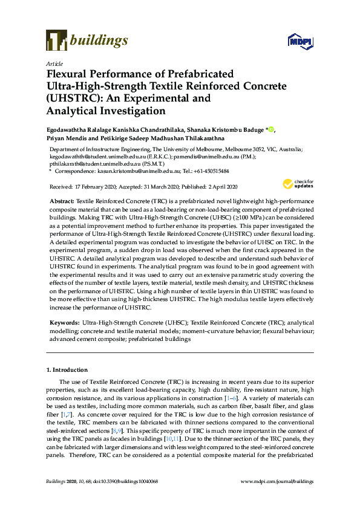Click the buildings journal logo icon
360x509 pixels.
tap(56, 41)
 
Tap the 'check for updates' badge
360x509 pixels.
tap(296, 184)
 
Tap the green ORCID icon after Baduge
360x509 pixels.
tap(272, 129)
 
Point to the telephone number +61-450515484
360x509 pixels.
tap(211, 172)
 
